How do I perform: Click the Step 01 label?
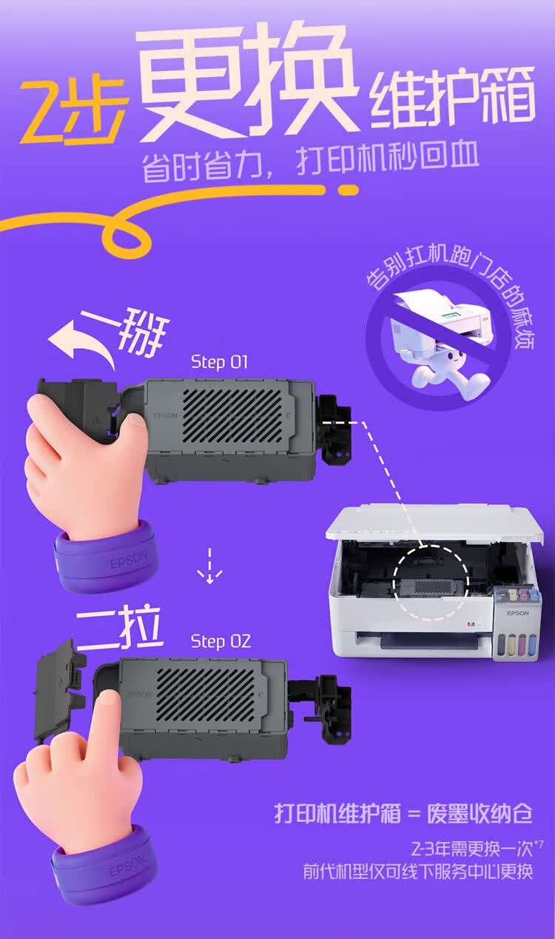[219, 362]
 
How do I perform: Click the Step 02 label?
[220, 641]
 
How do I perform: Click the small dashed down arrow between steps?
[209, 566]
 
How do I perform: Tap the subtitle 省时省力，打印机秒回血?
[310, 162]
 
